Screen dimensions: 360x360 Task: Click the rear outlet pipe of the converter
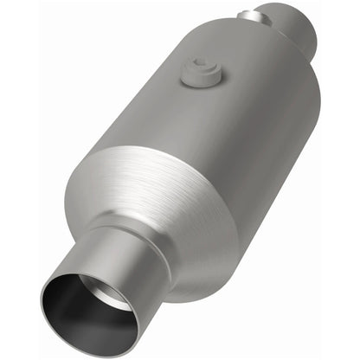294,30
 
